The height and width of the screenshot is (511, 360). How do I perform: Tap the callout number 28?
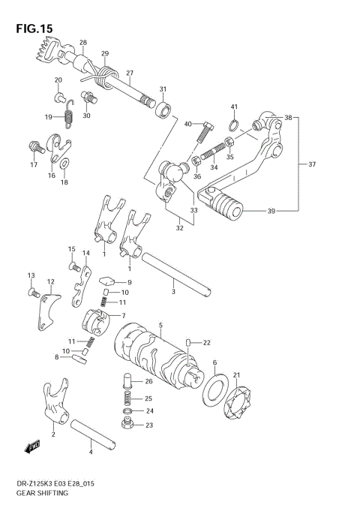(x=82, y=43)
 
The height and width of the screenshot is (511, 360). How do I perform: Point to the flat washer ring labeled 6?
(x=214, y=392)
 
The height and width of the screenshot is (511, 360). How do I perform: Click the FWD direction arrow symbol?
(x=33, y=449)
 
